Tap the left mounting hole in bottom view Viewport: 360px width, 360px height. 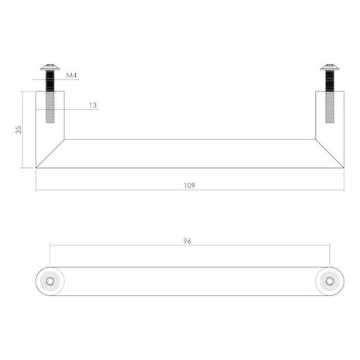click(51, 279)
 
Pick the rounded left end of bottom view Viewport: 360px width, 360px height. click(39, 279)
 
